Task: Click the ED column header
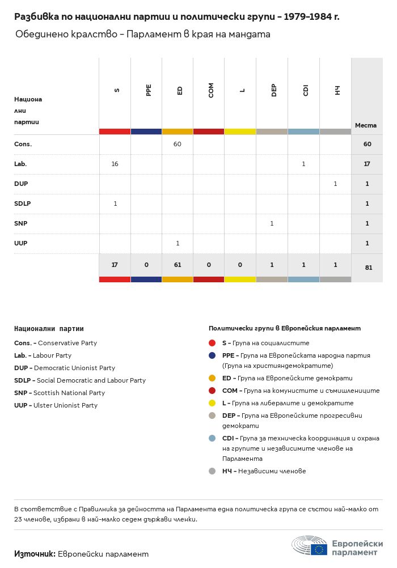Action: click(180, 91)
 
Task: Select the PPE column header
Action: click(149, 91)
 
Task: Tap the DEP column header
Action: click(274, 91)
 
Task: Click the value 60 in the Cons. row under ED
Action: click(178, 144)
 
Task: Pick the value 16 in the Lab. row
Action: click(115, 164)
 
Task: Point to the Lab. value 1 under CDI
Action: click(303, 164)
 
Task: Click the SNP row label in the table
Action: click(21, 223)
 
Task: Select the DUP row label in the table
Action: click(21, 184)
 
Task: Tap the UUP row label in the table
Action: click(21, 243)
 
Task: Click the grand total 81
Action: click(368, 268)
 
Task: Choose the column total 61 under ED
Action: click(178, 264)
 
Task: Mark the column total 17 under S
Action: click(115, 264)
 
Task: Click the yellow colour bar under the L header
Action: click(240, 132)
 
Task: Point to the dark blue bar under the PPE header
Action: click(146, 132)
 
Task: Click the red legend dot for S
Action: click(212, 343)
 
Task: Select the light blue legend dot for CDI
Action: click(212, 438)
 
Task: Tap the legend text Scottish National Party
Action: click(69, 393)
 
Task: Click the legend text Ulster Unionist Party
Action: click(65, 405)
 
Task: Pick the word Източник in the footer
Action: click(35, 554)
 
